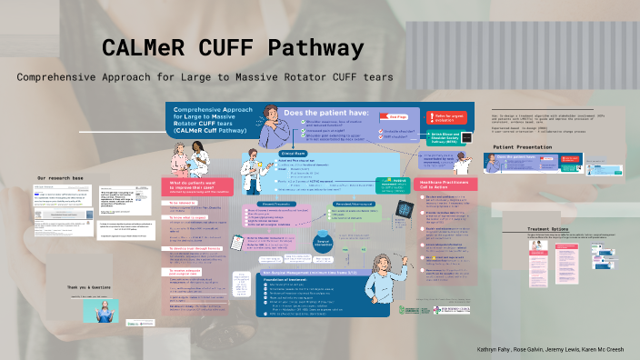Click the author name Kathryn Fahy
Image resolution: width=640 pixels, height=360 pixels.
pos(496,348)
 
